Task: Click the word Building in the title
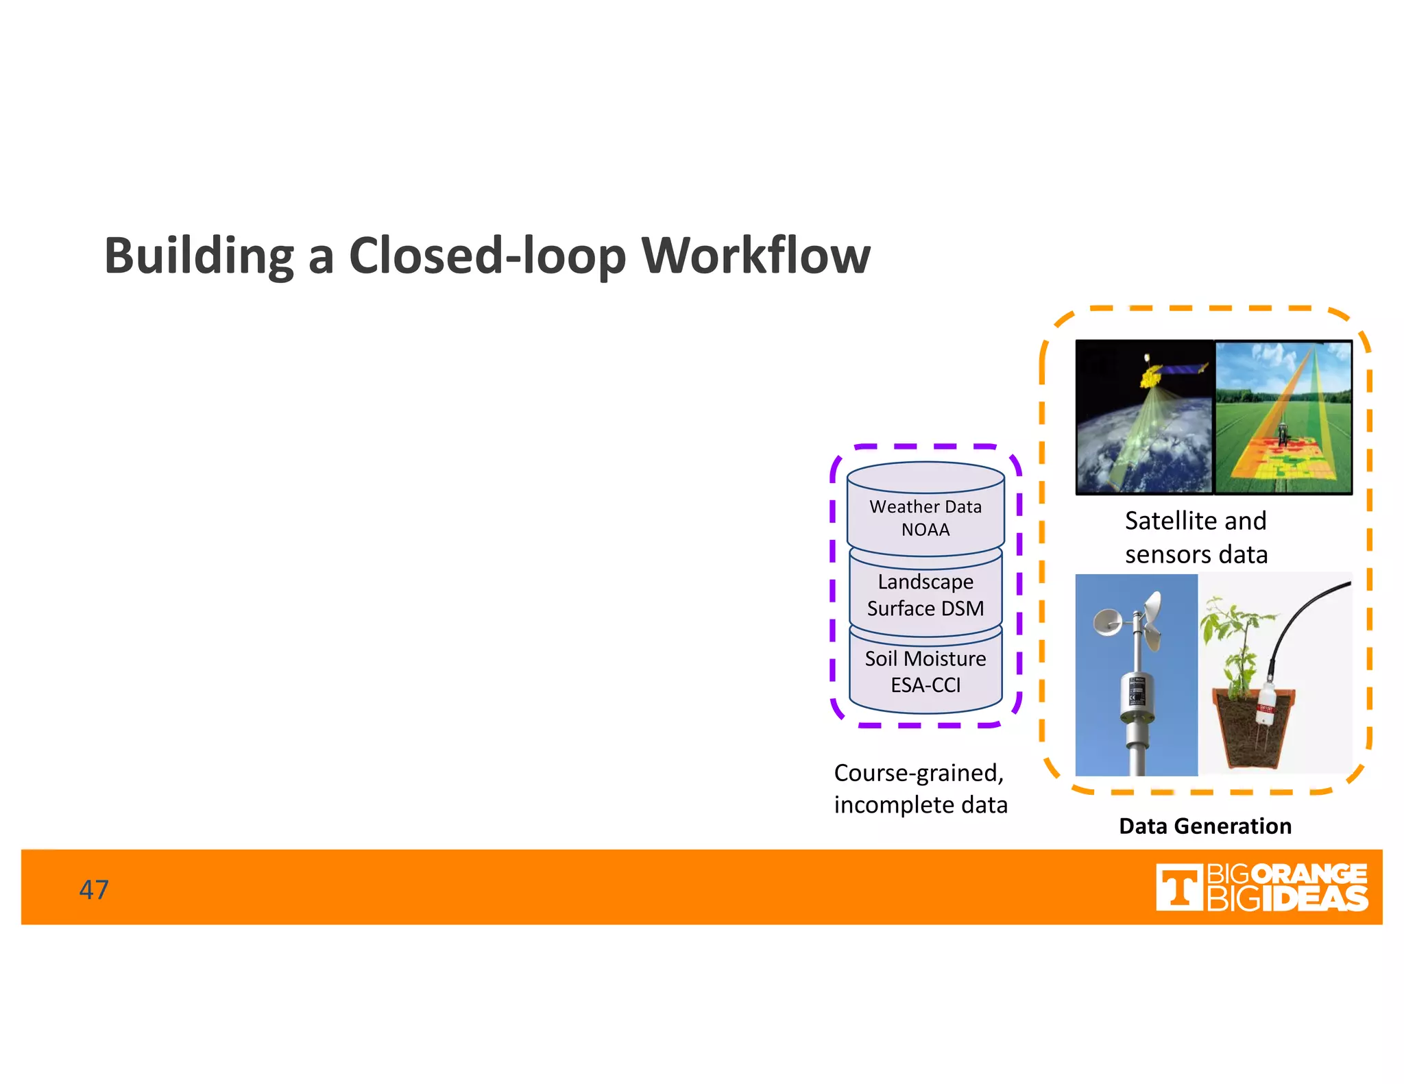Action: [x=198, y=256]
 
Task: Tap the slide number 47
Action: [x=94, y=889]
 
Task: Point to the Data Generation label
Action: [x=1205, y=826]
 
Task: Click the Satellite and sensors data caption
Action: [x=1196, y=537]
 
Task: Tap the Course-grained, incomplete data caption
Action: [x=920, y=788]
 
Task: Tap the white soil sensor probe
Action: [x=1265, y=706]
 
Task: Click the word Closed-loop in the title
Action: [x=487, y=256]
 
